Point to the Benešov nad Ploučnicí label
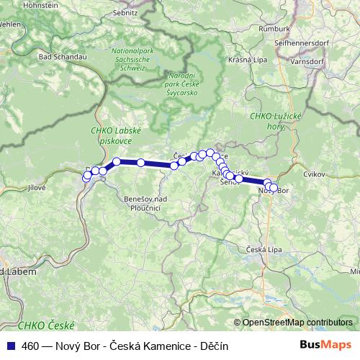pyautogui.click(x=136, y=202)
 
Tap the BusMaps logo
pyautogui.click(x=325, y=346)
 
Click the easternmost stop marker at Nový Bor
pyautogui.click(x=274, y=189)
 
